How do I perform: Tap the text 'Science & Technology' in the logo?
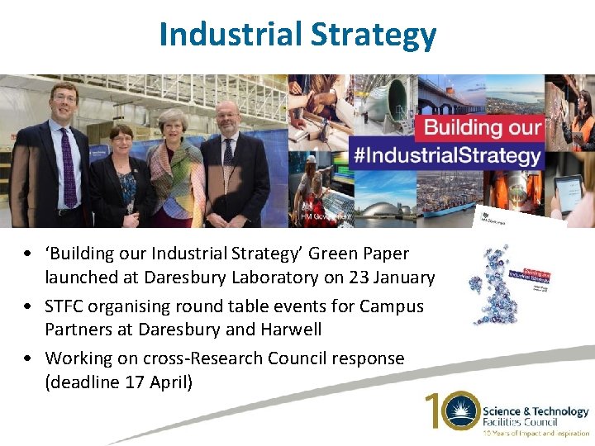(535, 411)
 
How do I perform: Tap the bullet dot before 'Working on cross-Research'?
(29, 358)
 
